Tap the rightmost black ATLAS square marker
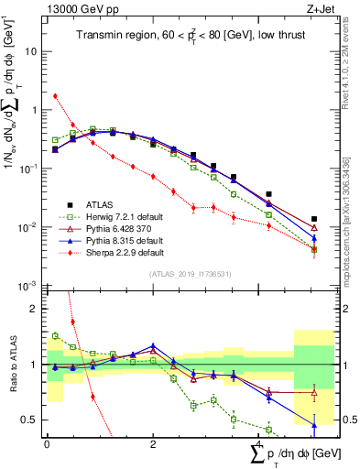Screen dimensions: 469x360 pyautogui.click(x=314, y=219)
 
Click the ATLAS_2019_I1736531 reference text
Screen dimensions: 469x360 pyautogui.click(x=191, y=273)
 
